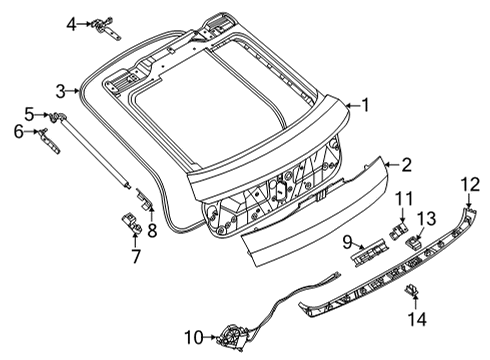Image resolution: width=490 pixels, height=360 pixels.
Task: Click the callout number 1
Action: tap(365, 103)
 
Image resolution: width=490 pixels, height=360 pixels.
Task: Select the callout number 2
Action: tap(406, 163)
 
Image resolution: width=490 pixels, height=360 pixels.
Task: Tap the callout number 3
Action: tap(60, 91)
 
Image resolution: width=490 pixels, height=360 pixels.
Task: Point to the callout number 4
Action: tap(71, 22)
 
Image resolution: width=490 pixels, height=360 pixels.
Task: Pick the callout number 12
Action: tap(470, 182)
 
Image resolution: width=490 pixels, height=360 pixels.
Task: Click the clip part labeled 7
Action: tap(129, 222)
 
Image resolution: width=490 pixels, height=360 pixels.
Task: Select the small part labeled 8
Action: tap(145, 203)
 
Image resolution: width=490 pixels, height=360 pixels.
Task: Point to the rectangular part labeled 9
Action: tap(369, 245)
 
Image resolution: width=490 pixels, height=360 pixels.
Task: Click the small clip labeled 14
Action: tap(410, 291)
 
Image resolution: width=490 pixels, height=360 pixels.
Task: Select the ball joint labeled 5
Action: tap(51, 118)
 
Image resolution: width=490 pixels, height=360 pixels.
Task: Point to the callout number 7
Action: tap(135, 255)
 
